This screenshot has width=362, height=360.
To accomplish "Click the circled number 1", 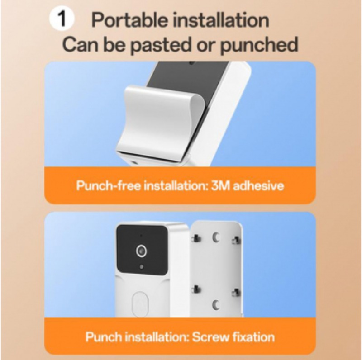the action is click(x=62, y=19).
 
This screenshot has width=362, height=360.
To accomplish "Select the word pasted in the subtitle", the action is click(x=161, y=45).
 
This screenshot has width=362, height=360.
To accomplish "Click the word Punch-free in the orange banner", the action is click(x=108, y=186).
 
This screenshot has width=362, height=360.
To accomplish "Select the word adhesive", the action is click(x=258, y=186).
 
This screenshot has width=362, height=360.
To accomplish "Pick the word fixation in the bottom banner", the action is click(x=253, y=337).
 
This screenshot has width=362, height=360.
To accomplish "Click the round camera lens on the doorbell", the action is click(x=142, y=251).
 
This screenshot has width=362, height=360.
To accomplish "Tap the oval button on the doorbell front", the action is click(x=140, y=304).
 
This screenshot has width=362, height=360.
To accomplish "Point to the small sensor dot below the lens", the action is click(x=142, y=267).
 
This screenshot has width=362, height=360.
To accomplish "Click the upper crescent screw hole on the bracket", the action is click(x=216, y=238).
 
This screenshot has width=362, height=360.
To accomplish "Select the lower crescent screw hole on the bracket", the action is click(x=216, y=305).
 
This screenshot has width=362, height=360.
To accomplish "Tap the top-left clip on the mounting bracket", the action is click(x=196, y=239).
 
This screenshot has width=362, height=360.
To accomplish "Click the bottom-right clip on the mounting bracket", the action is click(x=236, y=293).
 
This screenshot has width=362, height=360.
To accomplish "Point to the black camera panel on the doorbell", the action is click(x=142, y=250).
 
